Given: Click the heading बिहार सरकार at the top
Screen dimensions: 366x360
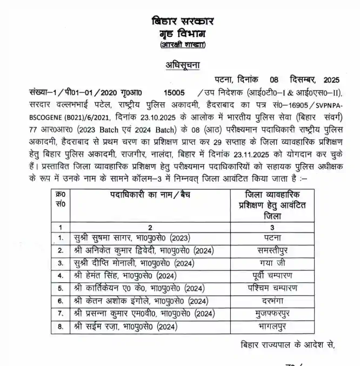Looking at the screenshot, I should click(183, 22).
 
